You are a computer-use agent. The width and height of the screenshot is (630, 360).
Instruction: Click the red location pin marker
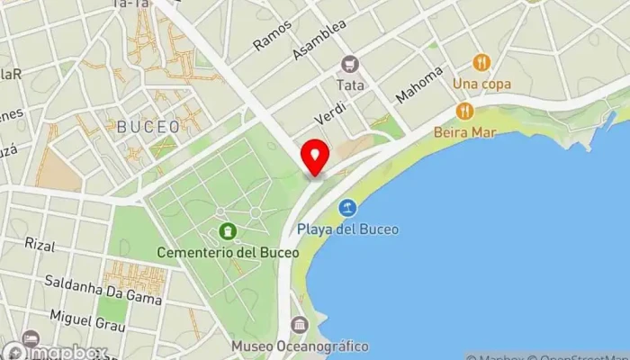click(315, 157)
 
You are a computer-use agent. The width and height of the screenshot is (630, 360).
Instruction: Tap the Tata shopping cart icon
click(349, 63)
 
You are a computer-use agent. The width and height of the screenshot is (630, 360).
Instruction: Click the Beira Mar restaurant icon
click(464, 111)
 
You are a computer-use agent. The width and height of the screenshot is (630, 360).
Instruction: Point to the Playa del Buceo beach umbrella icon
click(347, 209)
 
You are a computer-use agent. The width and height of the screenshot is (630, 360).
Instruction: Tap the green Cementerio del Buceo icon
click(227, 232)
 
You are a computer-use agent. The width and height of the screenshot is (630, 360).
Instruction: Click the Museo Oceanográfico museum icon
click(299, 325)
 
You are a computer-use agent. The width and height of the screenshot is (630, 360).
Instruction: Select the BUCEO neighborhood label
click(148, 126)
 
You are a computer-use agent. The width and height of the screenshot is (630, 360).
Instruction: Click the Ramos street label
click(271, 34)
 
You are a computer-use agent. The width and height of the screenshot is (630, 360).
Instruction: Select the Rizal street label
click(40, 245)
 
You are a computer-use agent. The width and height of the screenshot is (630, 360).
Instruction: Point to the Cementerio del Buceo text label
click(227, 253)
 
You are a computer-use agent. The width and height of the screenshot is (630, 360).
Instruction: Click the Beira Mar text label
click(464, 131)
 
